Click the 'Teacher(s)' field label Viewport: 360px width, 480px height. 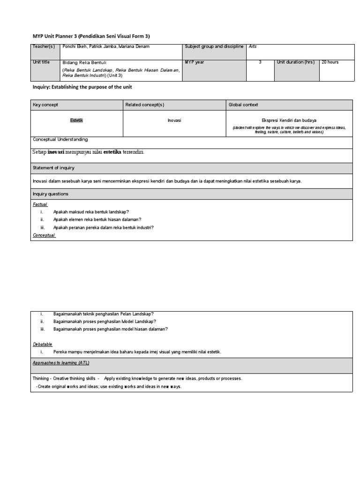[44, 47]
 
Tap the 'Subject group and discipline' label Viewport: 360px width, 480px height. [214, 47]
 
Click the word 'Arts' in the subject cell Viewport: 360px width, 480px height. [254, 47]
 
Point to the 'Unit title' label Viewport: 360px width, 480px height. [41, 62]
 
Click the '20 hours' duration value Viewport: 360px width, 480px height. [330, 62]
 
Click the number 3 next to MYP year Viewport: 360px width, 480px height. [260, 62]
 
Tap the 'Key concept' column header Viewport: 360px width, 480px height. [45, 105]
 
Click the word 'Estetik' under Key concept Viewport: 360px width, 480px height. [76, 121]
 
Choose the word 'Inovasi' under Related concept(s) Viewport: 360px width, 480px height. [174, 121]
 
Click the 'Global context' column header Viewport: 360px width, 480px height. [243, 105]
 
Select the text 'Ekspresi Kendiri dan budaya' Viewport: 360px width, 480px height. [289, 120]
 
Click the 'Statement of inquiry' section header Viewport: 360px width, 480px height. [53, 168]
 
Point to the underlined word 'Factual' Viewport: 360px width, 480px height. [40, 205]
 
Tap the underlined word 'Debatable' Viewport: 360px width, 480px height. [43, 344]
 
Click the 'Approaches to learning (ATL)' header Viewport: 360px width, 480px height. [61, 363]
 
